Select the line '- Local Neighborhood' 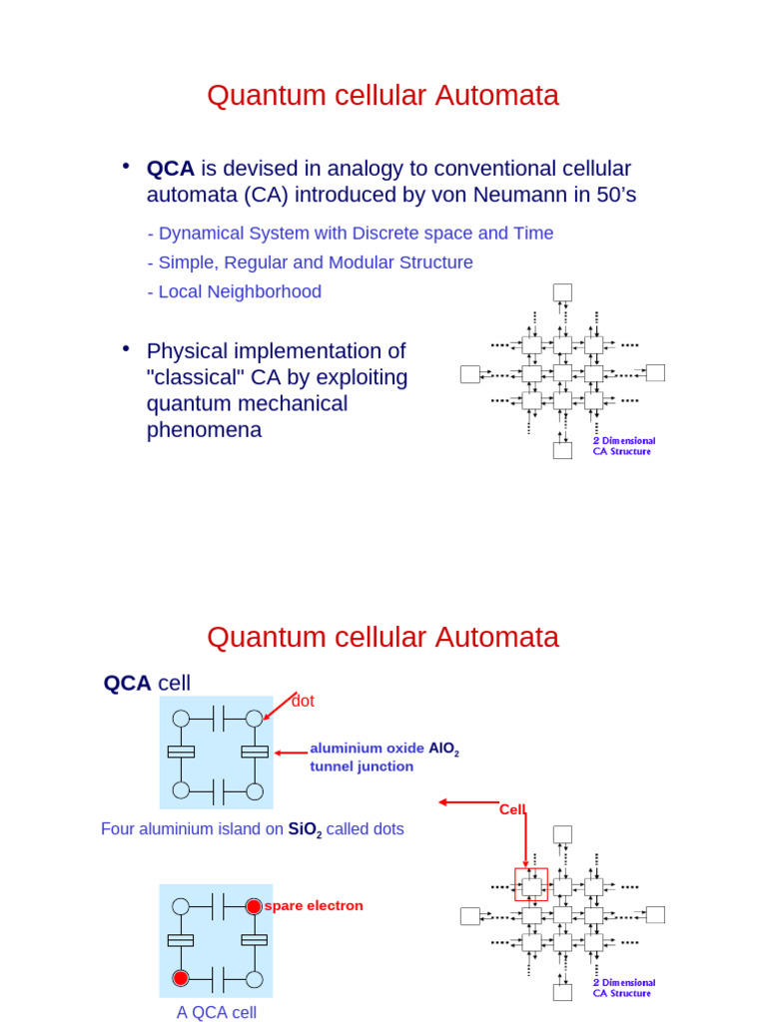[x=234, y=291]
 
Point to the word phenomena [x=204, y=430]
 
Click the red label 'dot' [x=303, y=702]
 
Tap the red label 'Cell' [x=512, y=809]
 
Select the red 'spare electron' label [x=314, y=905]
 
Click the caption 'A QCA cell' [x=217, y=1012]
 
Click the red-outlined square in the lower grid [x=531, y=884]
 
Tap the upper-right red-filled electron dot [x=255, y=906]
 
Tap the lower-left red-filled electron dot [x=181, y=977]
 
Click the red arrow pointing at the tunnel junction [x=291, y=753]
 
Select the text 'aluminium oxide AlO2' [x=384, y=748]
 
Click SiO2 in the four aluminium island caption [x=305, y=829]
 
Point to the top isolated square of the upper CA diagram [x=562, y=292]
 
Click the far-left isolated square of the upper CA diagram [x=469, y=373]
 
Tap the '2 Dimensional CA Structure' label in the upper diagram [x=624, y=446]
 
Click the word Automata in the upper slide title [x=498, y=95]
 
